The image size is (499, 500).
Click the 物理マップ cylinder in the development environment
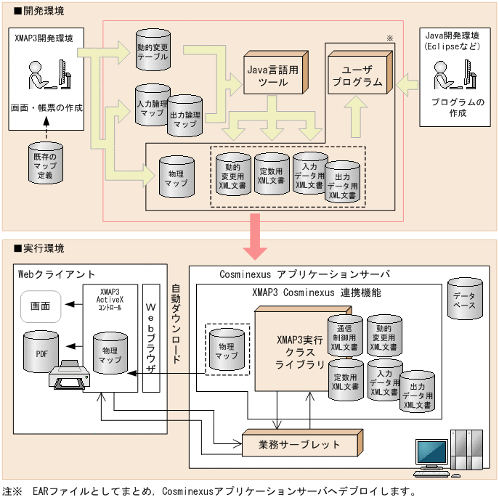[176, 177]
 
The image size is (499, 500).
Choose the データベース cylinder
[464, 300]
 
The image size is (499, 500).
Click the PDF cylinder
[41, 353]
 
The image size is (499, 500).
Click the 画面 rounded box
[41, 306]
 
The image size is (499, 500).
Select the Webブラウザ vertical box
[151, 337]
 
